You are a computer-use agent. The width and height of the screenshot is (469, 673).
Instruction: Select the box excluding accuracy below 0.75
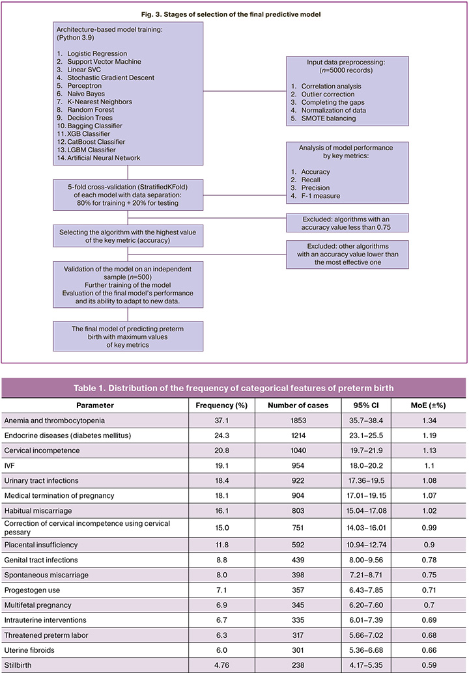348,223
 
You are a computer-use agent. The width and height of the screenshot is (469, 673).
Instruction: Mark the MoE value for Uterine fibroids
424,648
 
